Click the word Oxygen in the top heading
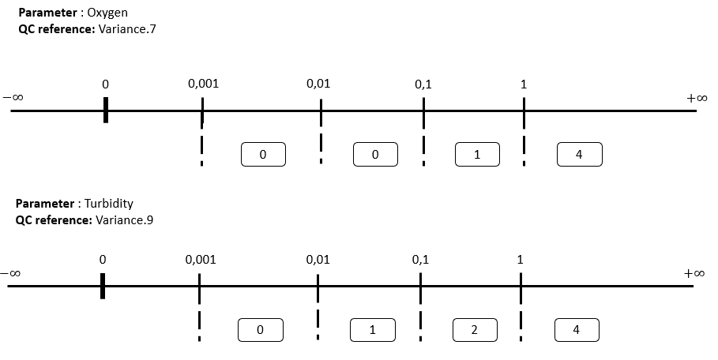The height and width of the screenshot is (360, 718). (x=107, y=13)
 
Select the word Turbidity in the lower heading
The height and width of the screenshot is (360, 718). (x=109, y=204)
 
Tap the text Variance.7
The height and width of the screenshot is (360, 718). (x=127, y=29)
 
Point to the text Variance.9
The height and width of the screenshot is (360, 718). (x=125, y=220)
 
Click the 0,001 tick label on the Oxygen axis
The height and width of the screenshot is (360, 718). (x=203, y=84)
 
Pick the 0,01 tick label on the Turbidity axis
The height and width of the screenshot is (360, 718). (x=318, y=260)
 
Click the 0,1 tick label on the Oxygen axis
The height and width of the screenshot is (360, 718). (x=423, y=84)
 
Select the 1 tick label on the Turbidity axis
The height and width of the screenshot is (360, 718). (x=521, y=260)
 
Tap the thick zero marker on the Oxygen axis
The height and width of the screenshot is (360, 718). (x=106, y=110)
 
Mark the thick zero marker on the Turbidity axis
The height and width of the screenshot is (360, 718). (x=103, y=286)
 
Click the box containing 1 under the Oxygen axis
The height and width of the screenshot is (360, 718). (x=477, y=154)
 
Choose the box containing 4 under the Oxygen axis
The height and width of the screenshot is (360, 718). (x=579, y=154)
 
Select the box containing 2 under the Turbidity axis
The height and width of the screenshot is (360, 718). (x=475, y=330)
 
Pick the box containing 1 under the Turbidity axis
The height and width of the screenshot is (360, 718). (x=373, y=330)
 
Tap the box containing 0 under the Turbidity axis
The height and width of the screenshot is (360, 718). (x=260, y=330)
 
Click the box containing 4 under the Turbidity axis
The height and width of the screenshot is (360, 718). (x=577, y=330)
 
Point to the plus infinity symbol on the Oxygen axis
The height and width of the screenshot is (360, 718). (x=697, y=98)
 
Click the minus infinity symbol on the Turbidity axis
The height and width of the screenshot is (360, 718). (x=10, y=273)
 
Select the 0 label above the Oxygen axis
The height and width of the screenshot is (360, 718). (x=105, y=84)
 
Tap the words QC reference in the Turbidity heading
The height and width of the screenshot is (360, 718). (x=54, y=220)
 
